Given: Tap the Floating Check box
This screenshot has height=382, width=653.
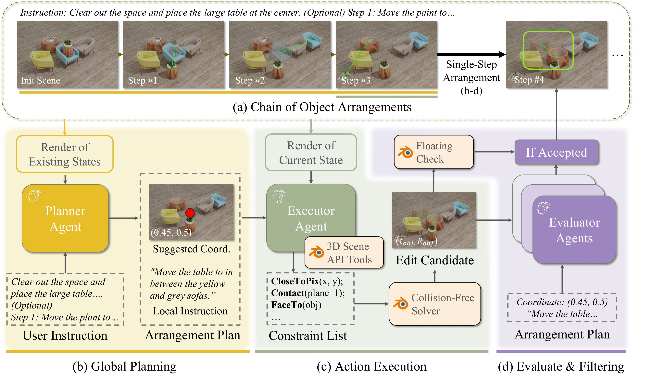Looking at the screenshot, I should [434, 152].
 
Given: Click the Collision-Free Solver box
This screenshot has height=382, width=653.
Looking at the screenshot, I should [435, 304].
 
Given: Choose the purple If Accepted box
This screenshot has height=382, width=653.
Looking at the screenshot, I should [556, 152].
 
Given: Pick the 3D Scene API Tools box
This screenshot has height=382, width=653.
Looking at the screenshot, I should [344, 253].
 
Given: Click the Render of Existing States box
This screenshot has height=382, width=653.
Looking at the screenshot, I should [65, 154].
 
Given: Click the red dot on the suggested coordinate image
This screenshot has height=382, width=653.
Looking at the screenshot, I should [190, 213].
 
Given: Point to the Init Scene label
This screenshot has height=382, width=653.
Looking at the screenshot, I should [40, 80].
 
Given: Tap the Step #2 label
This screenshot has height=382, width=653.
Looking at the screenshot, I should [250, 80].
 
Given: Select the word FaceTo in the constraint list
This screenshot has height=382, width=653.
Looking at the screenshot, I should [284, 305].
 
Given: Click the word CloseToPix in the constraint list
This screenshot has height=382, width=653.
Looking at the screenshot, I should [295, 281].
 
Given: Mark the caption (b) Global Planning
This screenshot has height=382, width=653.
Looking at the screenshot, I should [124, 366].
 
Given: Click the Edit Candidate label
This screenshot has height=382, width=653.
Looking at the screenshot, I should [434, 260].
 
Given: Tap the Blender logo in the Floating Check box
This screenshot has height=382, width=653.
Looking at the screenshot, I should [405, 152].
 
